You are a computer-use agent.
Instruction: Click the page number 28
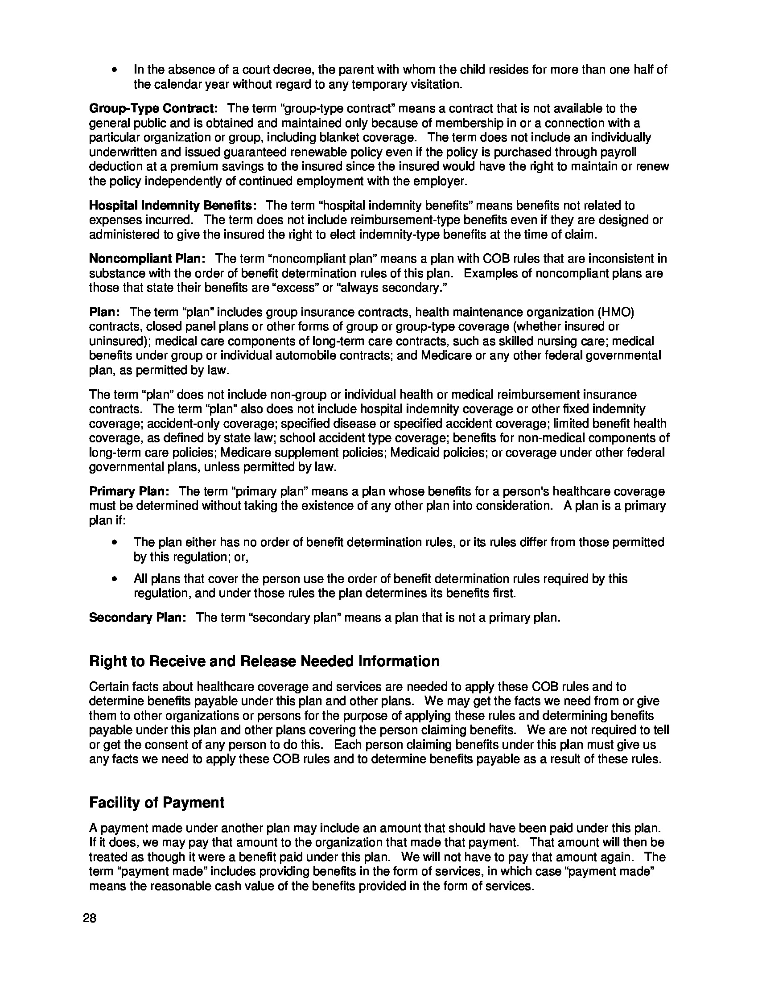click(x=90, y=918)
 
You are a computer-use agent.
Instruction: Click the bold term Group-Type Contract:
click(x=153, y=109)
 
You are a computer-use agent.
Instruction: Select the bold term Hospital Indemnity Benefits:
click(x=173, y=206)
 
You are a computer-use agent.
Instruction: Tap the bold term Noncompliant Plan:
click(x=147, y=259)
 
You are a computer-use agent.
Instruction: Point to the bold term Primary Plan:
click(x=129, y=491)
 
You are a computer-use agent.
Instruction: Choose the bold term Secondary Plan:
click(x=137, y=618)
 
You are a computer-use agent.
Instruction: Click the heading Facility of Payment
click(x=157, y=803)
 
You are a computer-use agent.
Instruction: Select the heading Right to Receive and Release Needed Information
click(x=264, y=661)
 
